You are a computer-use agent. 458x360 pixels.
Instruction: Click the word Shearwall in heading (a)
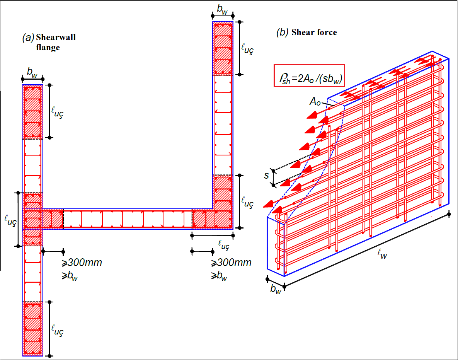[x=56, y=38]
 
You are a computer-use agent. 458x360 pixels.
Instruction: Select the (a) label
[x=28, y=38]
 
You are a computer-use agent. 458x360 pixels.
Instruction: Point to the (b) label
[x=282, y=32]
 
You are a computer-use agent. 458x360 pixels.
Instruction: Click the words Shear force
[x=314, y=32]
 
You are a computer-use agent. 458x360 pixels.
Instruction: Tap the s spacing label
[x=266, y=176]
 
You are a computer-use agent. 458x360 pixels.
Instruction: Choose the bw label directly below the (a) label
[x=32, y=72]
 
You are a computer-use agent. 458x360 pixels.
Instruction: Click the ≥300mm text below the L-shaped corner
[x=231, y=263]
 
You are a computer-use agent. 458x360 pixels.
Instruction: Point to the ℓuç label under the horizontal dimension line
[x=224, y=245]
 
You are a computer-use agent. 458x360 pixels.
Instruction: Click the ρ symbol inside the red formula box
[x=281, y=76]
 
